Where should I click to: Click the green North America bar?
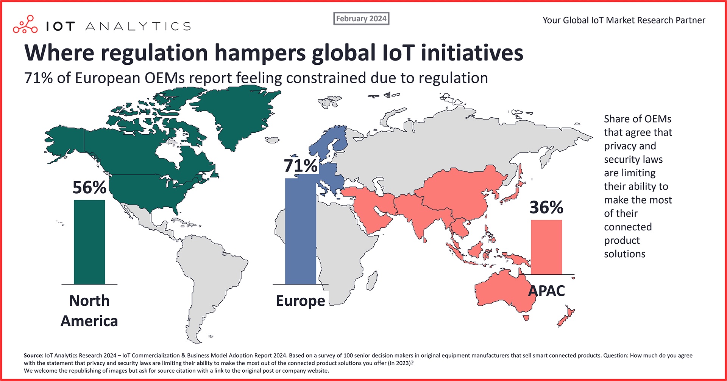coord(89,242)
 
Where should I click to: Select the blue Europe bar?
coord(300,231)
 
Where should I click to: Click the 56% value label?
coord(89,187)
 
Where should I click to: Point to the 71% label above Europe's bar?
coord(301,166)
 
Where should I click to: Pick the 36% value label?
coord(546,207)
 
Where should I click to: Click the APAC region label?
coord(546,291)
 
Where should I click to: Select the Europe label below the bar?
coord(300,301)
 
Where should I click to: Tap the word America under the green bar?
coord(89,321)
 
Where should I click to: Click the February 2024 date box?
coord(361,19)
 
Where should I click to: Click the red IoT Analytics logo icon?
coord(25,25)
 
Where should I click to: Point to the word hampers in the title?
coord(260,53)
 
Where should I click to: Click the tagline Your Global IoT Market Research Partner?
coord(624,20)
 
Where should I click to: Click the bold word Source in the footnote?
coord(33,356)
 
